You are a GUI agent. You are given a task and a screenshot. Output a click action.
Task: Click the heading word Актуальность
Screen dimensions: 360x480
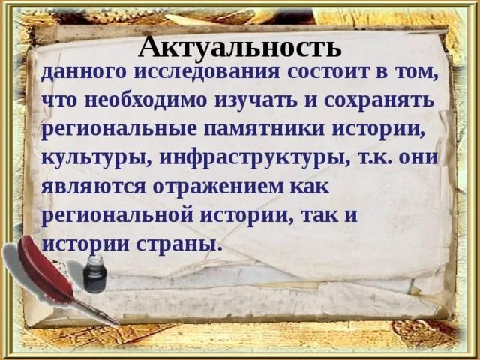pos(240,46)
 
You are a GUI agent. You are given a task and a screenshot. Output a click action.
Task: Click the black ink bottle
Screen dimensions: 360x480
pos(94,274)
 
